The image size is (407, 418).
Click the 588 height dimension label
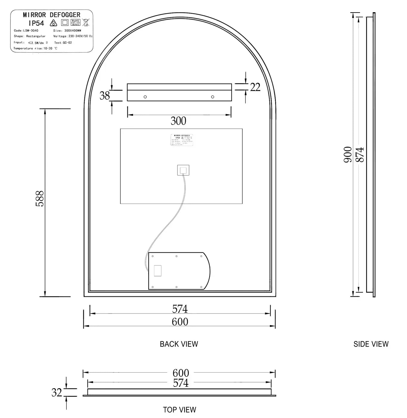click(x=40, y=199)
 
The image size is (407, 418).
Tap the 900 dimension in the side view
click(x=348, y=154)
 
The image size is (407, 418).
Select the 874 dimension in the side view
click(x=360, y=154)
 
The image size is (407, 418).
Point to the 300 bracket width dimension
click(x=178, y=121)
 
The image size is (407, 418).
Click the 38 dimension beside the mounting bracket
click(x=105, y=96)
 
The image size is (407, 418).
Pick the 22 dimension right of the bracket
click(x=255, y=87)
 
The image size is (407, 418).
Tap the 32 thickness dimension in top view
click(x=57, y=392)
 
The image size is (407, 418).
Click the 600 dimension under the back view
click(x=180, y=322)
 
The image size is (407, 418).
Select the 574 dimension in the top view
click(x=181, y=383)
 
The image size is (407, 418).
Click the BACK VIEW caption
click(x=179, y=344)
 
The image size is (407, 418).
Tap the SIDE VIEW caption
click(x=371, y=344)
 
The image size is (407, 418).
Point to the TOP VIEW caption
click(x=179, y=410)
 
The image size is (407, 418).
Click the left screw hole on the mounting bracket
click(x=145, y=97)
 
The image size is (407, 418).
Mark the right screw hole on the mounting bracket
click(x=213, y=97)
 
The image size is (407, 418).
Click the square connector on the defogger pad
click(x=183, y=170)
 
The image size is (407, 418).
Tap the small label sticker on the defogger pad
click(x=182, y=140)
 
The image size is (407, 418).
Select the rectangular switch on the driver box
click(x=157, y=271)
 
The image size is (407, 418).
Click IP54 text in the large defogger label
click(x=36, y=23)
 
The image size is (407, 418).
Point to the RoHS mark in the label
click(x=75, y=22)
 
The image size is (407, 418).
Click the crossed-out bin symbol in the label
click(x=86, y=22)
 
